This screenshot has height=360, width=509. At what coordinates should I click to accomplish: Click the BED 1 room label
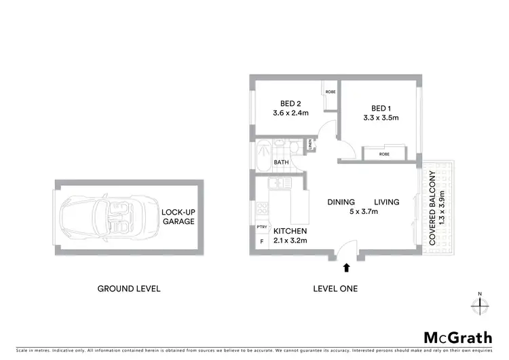381,109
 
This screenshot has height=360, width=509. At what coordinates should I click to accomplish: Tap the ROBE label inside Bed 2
330,91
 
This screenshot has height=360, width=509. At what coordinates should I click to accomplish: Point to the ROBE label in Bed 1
384,154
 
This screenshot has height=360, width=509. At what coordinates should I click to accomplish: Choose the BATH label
281,163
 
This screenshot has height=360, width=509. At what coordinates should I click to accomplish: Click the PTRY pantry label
261,228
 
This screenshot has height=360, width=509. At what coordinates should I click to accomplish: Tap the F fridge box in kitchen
261,241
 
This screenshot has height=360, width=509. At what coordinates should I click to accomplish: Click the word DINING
341,202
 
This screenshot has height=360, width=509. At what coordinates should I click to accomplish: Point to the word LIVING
387,202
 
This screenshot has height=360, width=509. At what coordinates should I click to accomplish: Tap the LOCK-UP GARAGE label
178,217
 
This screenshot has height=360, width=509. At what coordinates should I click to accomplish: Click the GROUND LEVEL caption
129,289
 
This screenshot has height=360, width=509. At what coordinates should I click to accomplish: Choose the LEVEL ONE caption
335,289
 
